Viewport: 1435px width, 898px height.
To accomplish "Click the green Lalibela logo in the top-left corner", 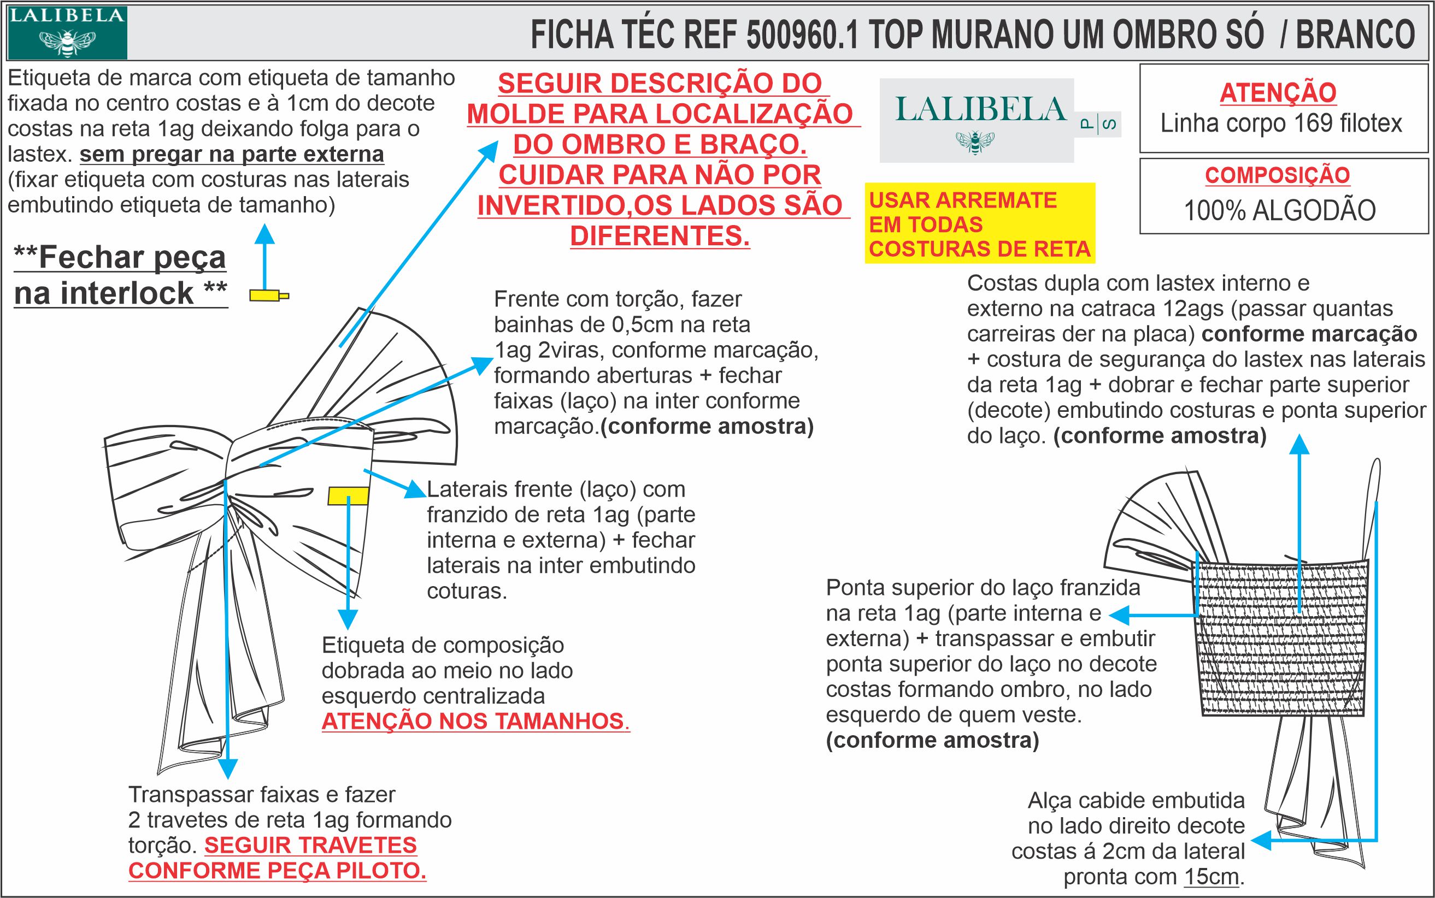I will (x=67, y=33).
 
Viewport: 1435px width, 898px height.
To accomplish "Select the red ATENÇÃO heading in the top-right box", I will (x=1278, y=93).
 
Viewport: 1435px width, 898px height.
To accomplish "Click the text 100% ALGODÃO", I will (x=1280, y=211).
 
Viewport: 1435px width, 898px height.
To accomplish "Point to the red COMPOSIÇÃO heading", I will (x=1277, y=175).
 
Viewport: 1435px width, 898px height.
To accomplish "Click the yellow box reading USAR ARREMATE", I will (x=979, y=224).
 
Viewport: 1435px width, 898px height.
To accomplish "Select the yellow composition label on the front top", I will (x=348, y=496).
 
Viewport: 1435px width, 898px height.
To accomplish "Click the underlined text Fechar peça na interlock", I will (x=121, y=275).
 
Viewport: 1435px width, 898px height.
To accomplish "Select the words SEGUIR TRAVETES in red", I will (x=311, y=844).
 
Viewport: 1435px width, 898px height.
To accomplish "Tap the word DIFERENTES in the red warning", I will (x=660, y=236).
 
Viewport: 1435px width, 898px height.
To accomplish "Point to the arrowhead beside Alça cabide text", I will (x=1259, y=841).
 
